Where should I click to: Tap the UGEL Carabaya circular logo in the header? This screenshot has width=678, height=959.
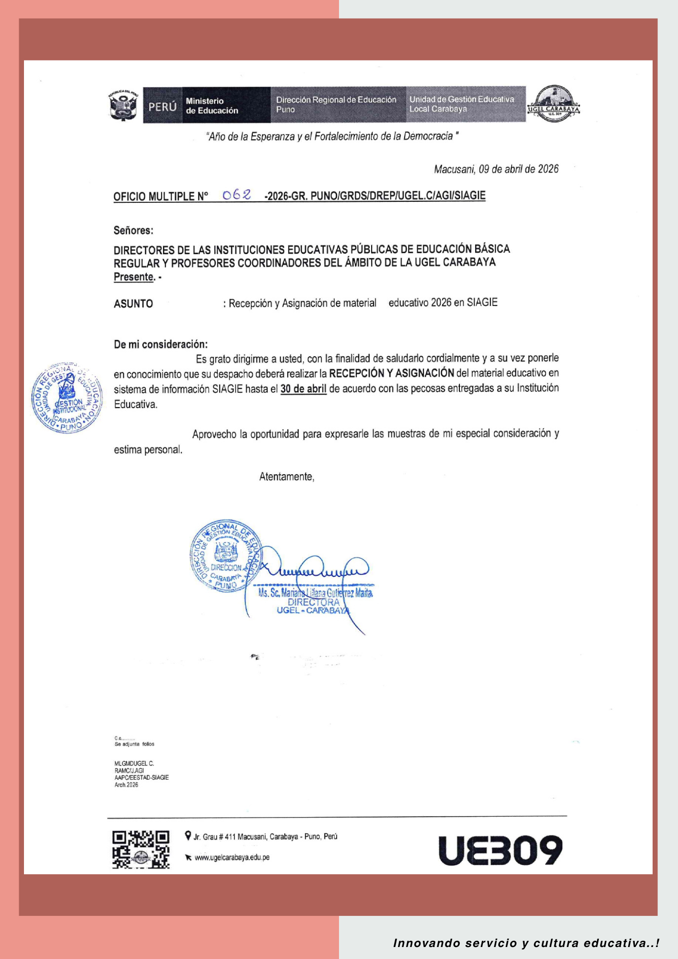(554, 104)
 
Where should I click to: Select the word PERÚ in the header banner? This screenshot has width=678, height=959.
(163, 106)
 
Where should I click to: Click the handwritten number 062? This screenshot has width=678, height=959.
(237, 195)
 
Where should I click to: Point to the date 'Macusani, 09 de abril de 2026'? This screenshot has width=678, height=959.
(496, 169)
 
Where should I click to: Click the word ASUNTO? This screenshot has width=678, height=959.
(133, 304)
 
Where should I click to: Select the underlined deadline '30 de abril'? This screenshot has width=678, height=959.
(304, 388)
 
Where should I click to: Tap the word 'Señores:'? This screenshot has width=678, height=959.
(133, 230)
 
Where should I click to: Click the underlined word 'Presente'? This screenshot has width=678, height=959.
(134, 277)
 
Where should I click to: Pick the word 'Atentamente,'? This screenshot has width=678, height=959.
(287, 477)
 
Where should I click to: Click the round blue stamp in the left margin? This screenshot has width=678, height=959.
(67, 398)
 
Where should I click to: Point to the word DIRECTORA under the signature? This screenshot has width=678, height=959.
(314, 602)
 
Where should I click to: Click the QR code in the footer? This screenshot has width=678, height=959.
(141, 850)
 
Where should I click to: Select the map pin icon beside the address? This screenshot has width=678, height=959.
(188, 835)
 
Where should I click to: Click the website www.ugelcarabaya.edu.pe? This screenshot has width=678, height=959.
(232, 857)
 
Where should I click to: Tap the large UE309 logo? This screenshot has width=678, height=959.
(500, 850)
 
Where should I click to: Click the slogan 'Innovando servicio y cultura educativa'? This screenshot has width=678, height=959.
(526, 943)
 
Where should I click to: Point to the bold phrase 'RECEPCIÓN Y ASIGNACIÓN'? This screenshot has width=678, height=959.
(391, 373)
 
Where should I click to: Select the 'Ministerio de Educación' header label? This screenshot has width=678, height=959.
(211, 105)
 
